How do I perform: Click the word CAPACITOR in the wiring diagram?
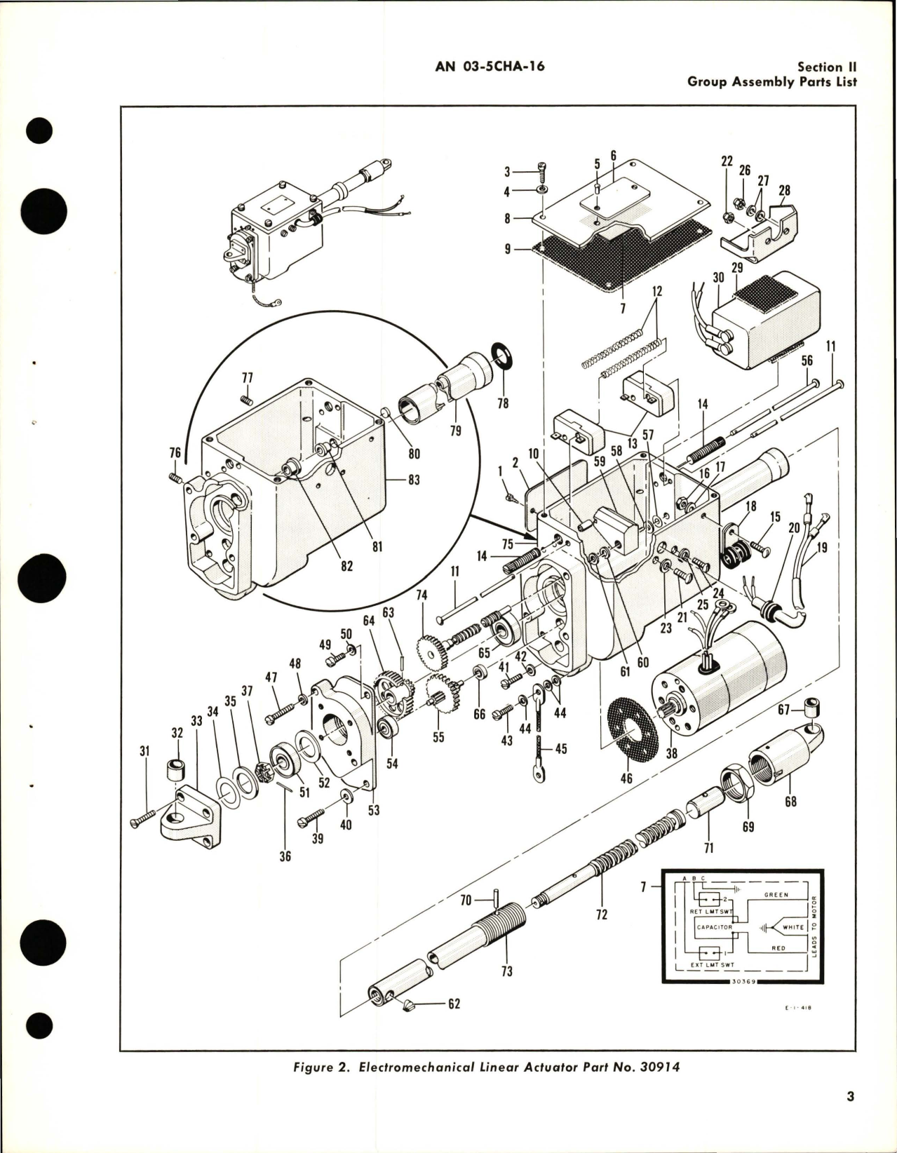tap(715, 927)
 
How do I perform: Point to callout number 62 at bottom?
tap(454, 1004)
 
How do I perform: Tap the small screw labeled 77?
tap(246, 399)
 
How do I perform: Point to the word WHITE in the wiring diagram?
tap(793, 927)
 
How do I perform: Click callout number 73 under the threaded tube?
tap(507, 971)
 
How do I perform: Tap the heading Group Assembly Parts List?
tap(771, 81)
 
